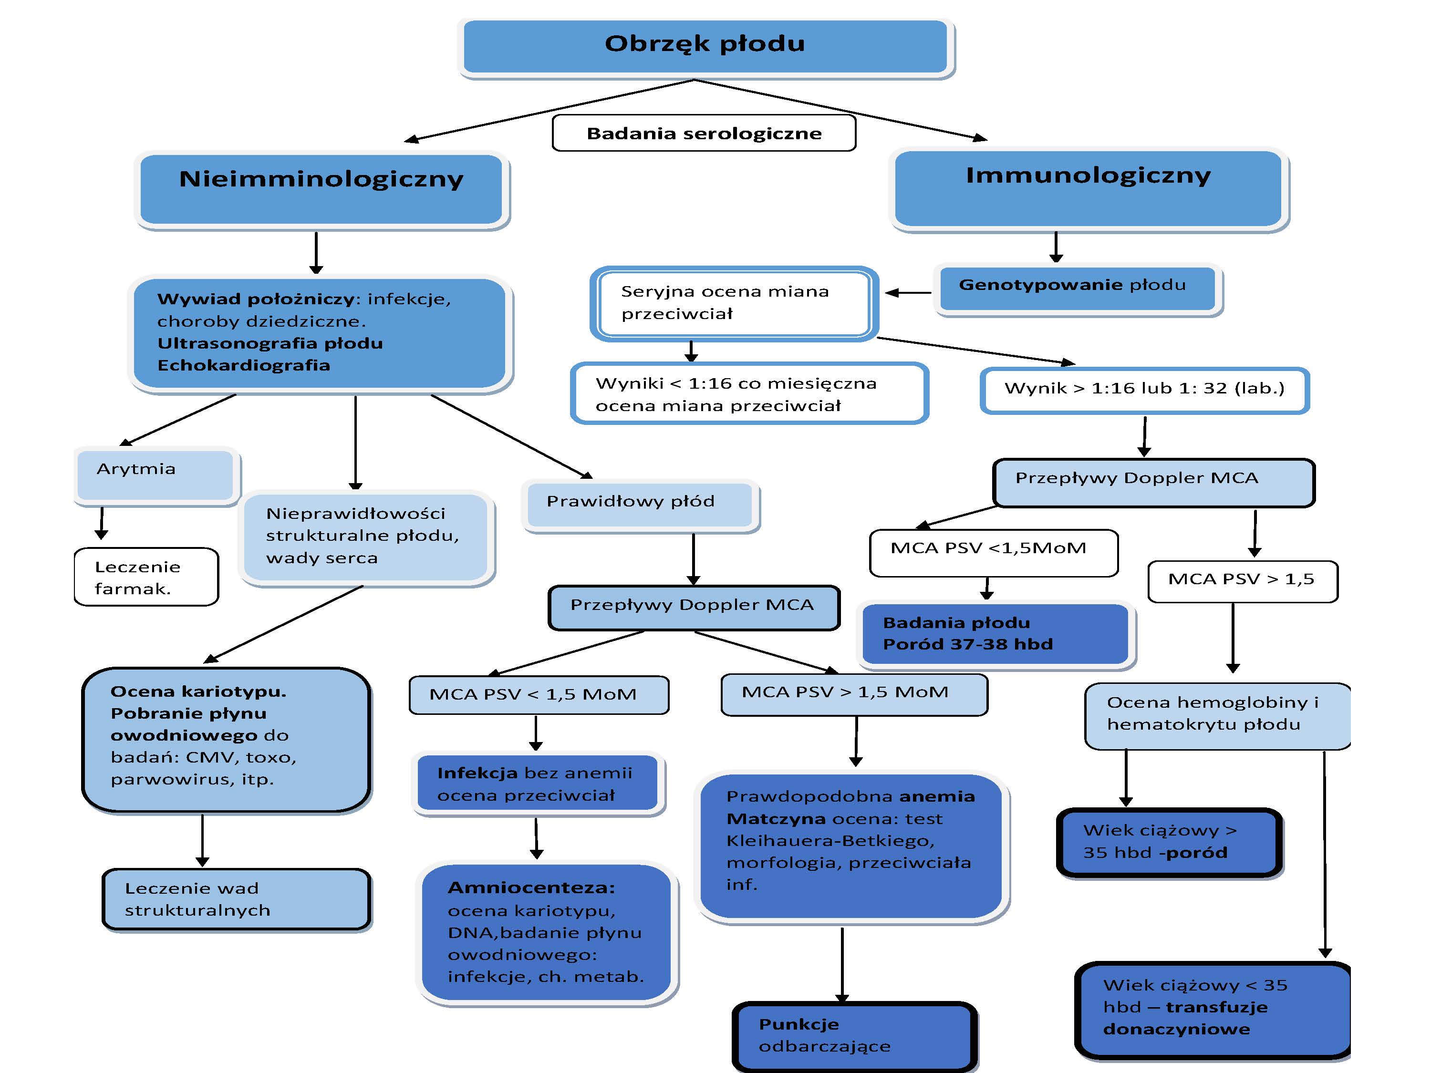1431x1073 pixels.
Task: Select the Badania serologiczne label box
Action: tap(704, 133)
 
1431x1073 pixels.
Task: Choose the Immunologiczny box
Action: tap(1088, 187)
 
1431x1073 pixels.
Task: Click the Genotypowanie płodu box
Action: tap(1077, 288)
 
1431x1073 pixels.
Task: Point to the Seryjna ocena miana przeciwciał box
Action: tap(734, 303)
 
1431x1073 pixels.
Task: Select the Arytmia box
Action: tap(155, 474)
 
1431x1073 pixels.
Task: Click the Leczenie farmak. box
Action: tap(146, 577)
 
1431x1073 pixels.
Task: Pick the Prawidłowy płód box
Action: tap(640, 505)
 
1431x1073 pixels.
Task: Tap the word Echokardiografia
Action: tap(244, 365)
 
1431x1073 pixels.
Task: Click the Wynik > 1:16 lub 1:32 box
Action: tap(1144, 390)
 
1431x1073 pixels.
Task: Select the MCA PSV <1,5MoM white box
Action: tap(993, 552)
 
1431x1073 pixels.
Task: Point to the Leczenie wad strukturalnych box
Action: tap(236, 899)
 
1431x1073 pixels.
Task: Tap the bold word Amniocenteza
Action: tap(531, 887)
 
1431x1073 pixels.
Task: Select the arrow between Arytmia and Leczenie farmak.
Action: tap(102, 523)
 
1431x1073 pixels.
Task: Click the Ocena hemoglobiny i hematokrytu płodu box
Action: tap(1216, 715)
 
